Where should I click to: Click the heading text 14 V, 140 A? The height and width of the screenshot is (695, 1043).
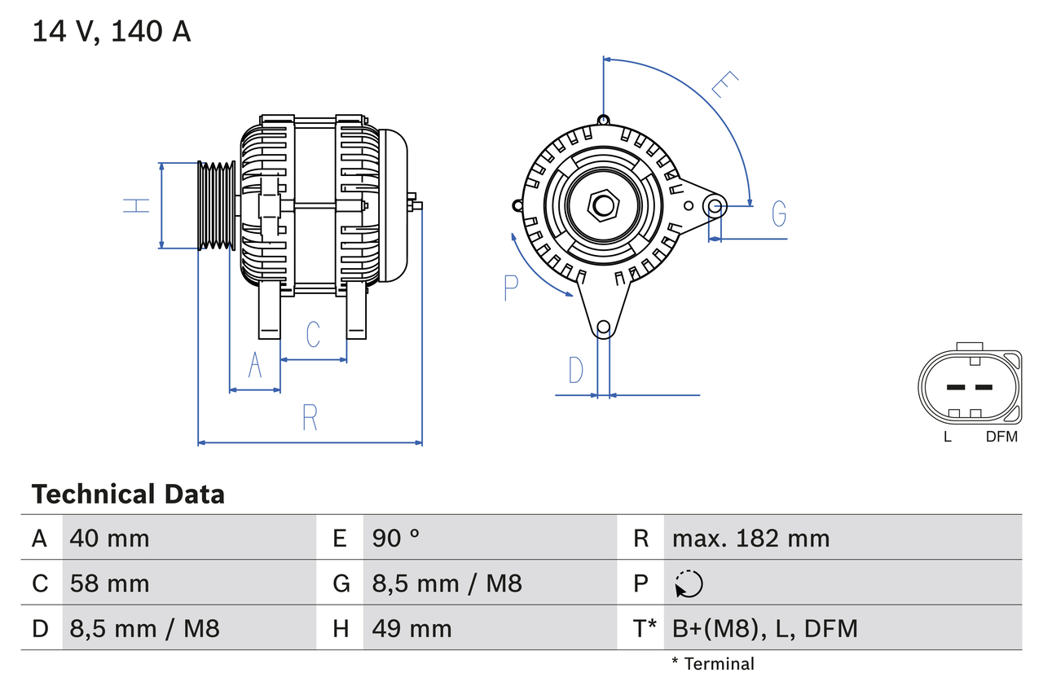(112, 32)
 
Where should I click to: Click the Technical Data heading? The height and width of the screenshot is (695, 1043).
(128, 494)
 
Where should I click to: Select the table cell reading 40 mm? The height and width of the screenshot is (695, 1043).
(110, 538)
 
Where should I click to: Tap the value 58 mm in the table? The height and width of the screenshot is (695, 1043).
(110, 583)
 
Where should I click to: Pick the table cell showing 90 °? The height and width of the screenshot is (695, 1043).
(396, 538)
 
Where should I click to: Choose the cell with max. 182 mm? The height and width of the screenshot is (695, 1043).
(750, 538)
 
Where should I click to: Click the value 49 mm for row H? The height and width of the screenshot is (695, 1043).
(411, 628)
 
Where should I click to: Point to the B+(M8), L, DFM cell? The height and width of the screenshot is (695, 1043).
(764, 628)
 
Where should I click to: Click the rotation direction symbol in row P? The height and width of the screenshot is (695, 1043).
(689, 584)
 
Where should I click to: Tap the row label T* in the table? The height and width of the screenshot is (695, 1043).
(645, 628)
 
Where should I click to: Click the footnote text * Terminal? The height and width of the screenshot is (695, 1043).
(713, 664)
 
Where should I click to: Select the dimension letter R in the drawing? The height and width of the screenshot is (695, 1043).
(310, 417)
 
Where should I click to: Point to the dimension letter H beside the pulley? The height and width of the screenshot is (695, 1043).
(138, 205)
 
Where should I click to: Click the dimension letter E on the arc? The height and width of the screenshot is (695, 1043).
(724, 85)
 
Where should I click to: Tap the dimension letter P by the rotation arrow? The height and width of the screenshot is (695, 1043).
(511, 288)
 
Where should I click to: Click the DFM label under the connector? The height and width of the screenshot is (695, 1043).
(1001, 437)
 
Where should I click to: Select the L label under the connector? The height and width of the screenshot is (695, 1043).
(947, 437)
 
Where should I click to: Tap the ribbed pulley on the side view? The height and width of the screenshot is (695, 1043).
(217, 205)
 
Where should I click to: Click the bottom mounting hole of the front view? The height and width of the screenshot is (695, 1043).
(603, 328)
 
